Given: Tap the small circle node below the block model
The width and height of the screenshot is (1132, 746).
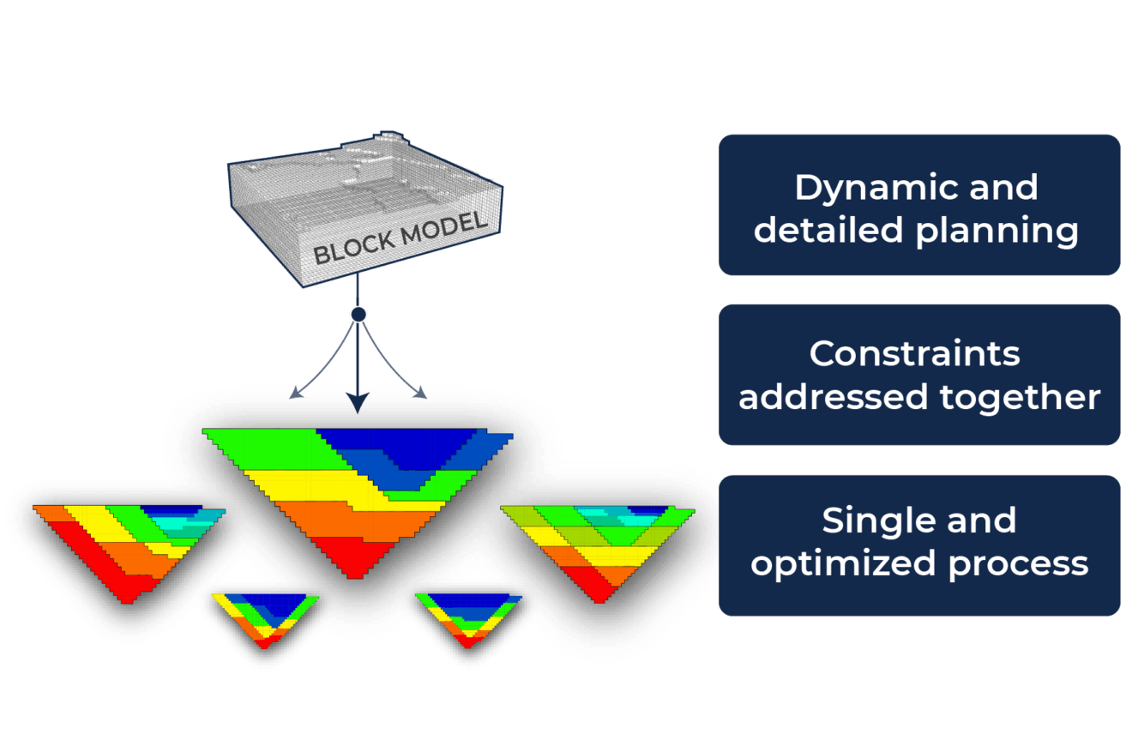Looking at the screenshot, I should [358, 315].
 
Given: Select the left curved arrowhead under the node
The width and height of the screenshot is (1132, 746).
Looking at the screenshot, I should [295, 394].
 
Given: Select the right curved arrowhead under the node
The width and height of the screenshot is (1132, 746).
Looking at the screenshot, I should [420, 393].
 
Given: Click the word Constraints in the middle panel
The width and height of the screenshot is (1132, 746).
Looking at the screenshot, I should [915, 353].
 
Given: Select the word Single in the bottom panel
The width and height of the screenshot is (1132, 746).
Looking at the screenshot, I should [871, 520].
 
